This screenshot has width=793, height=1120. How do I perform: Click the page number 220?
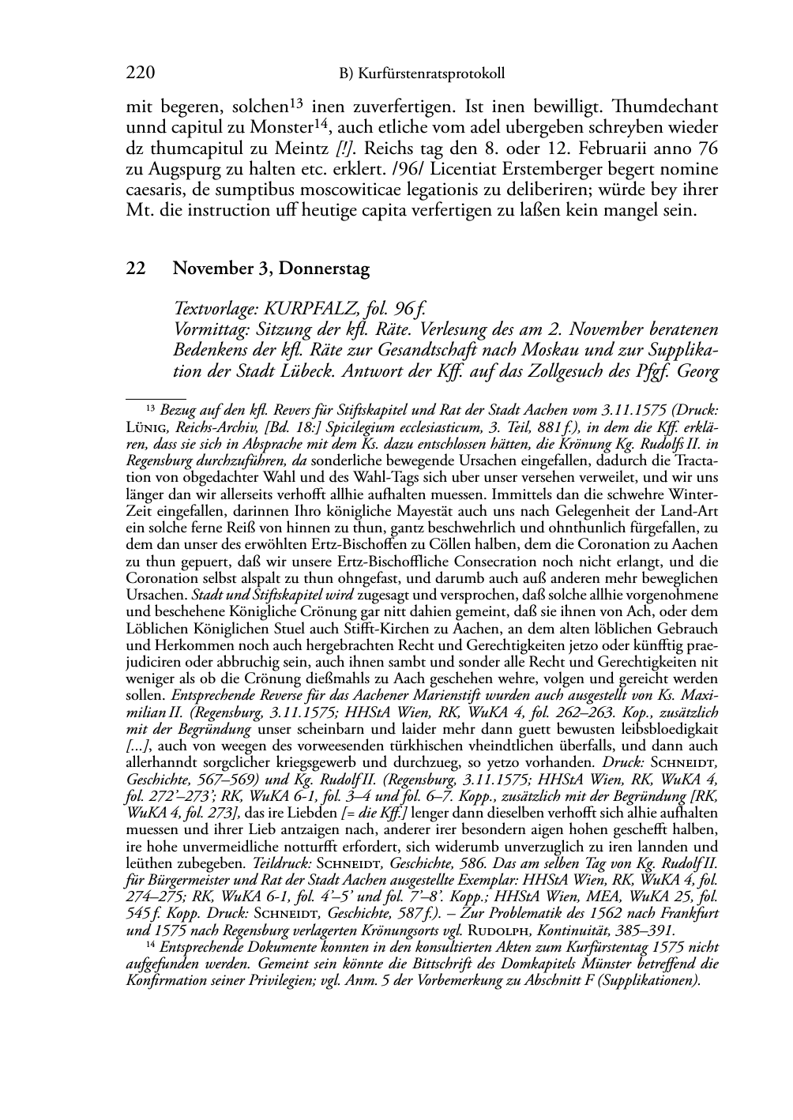tap(140, 73)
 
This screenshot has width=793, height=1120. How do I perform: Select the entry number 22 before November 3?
tap(135, 269)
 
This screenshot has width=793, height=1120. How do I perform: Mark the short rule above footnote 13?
tap(156, 400)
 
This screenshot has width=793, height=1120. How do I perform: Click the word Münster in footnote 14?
tap(584, 964)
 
